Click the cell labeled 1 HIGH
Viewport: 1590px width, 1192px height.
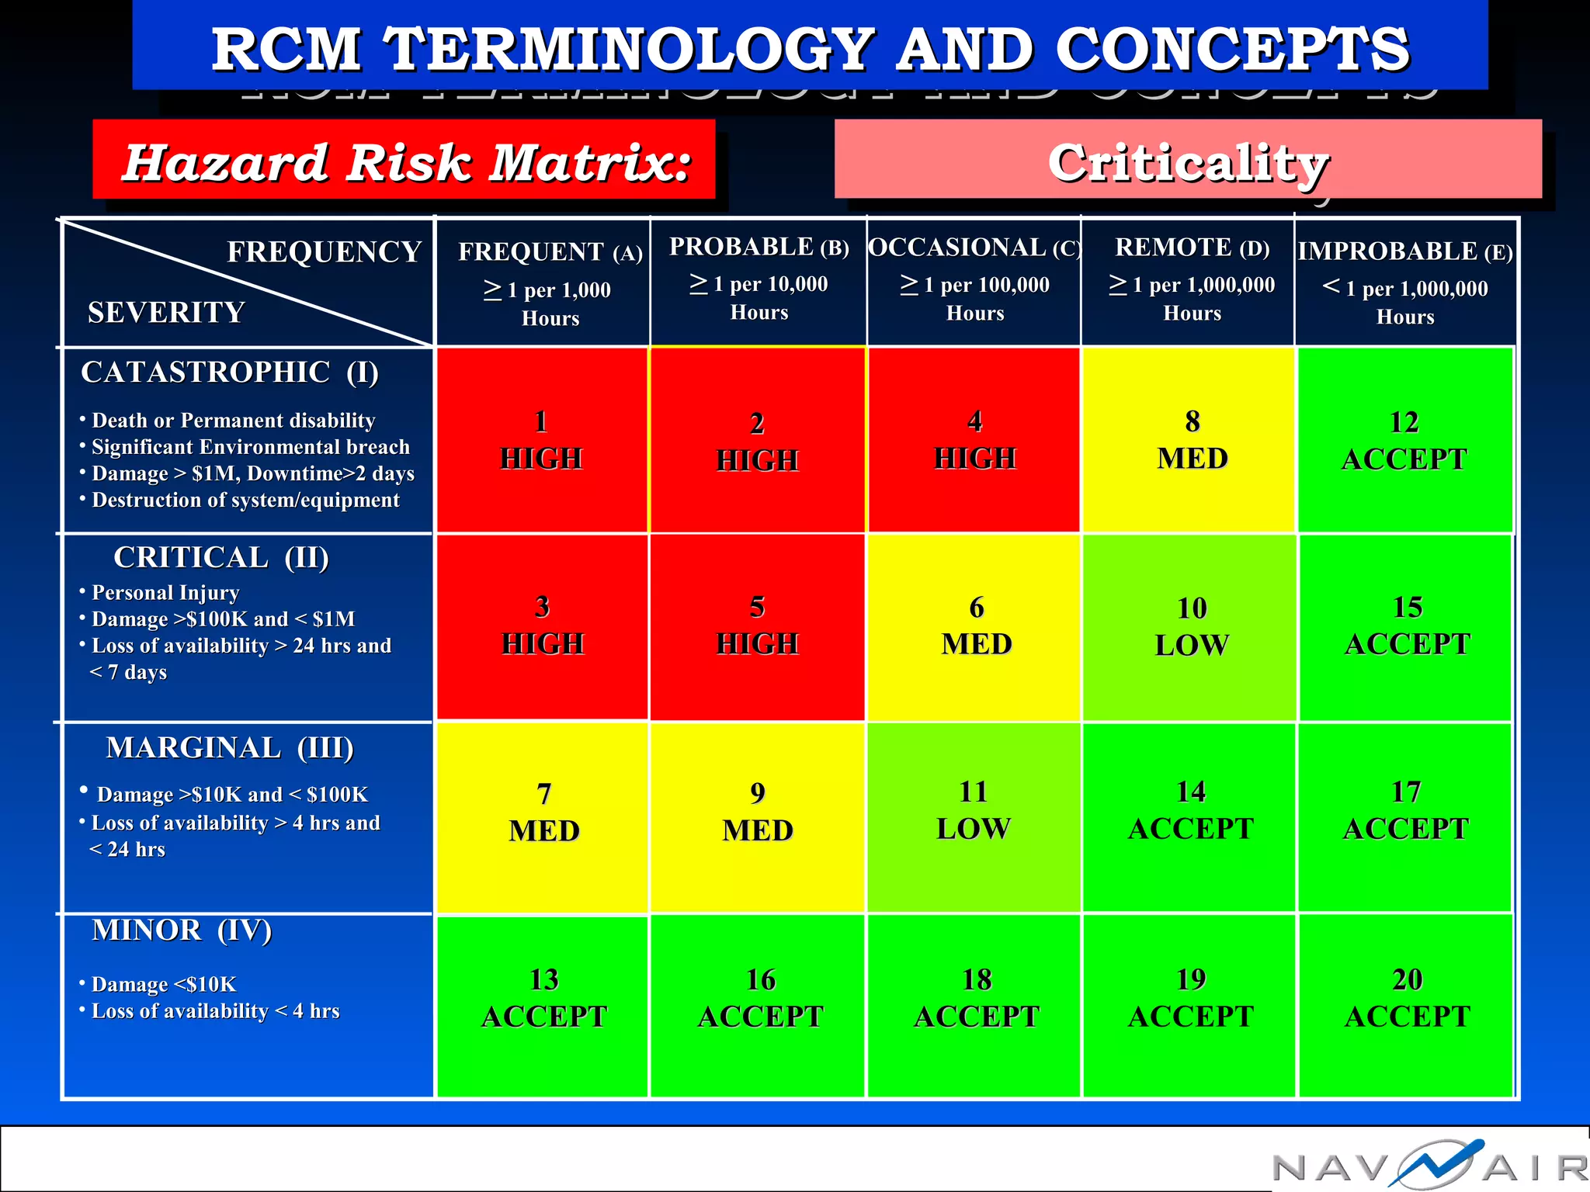point(541,440)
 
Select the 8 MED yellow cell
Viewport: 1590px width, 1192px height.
point(1192,440)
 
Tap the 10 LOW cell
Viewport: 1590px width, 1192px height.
point(1192,627)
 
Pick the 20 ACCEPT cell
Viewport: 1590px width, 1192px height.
point(1407,998)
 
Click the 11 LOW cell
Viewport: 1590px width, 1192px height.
point(974,811)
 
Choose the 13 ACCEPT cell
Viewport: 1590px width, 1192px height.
point(543,998)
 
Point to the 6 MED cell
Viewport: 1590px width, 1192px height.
point(976,626)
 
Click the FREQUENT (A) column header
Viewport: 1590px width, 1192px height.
point(550,283)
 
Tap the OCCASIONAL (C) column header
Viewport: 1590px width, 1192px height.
point(974,279)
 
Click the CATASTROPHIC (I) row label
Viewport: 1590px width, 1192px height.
point(230,372)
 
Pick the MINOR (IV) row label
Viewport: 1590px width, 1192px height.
point(182,930)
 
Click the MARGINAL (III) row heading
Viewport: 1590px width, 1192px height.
point(230,748)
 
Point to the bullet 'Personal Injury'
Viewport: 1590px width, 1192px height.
point(165,593)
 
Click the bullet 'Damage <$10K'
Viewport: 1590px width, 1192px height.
point(163,985)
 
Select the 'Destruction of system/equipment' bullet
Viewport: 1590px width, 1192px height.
point(245,501)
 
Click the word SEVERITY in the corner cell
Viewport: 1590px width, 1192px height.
point(166,313)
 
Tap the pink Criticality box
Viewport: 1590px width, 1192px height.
point(1188,160)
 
